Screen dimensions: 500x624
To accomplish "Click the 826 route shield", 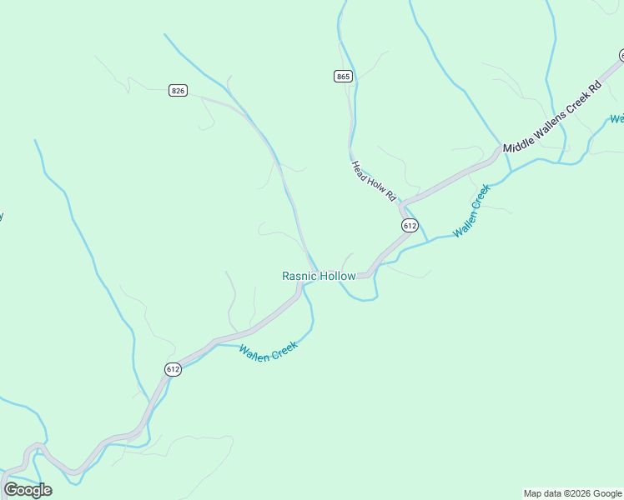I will tap(177, 90).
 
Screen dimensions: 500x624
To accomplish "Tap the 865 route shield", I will tap(344, 76).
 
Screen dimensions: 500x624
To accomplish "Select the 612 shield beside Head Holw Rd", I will tap(409, 226).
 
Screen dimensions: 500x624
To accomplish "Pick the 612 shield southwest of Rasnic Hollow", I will tap(173, 369).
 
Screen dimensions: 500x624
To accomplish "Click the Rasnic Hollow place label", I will tap(319, 276).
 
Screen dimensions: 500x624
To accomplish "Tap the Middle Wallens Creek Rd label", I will tap(551, 117).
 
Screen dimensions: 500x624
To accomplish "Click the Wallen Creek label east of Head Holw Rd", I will tap(471, 209).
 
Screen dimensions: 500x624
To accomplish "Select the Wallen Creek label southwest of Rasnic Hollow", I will tap(268, 352).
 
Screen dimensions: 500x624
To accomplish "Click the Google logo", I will tap(28, 490).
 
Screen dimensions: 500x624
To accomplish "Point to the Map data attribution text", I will tap(573, 493).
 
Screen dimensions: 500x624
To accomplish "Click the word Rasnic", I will tap(299, 276).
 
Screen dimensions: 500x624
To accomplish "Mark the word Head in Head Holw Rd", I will tap(360, 168).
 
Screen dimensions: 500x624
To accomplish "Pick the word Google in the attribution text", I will tap(607, 493).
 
